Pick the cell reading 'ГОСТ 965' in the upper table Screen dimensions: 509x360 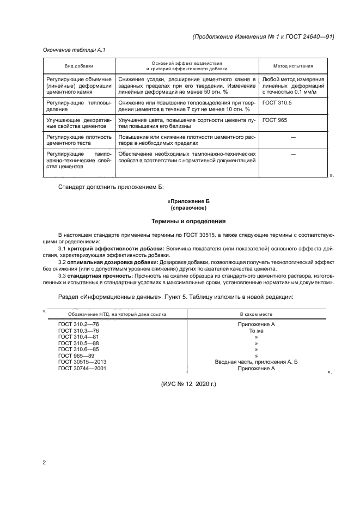[x=274, y=120]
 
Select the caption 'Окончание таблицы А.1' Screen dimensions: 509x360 [x=74, y=50]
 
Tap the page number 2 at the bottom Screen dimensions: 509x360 [x=44, y=463]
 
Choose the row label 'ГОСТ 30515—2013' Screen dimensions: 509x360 [x=82, y=362]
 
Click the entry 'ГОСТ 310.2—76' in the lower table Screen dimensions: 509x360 [x=78, y=324]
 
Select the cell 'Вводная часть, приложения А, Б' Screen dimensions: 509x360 [x=256, y=362]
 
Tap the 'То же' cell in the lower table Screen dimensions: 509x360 [x=256, y=330]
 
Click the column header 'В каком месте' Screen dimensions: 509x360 [x=256, y=314]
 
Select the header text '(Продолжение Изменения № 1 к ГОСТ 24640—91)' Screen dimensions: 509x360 [x=263, y=37]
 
